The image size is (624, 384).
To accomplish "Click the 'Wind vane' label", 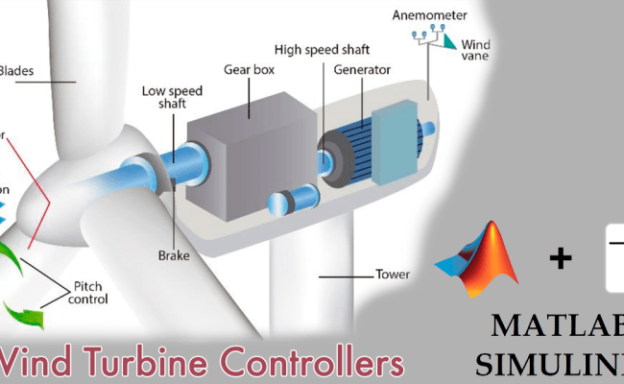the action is (x=475, y=50).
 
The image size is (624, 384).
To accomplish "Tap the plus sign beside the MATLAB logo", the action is (x=560, y=256).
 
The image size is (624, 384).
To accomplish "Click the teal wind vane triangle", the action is (x=449, y=41).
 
